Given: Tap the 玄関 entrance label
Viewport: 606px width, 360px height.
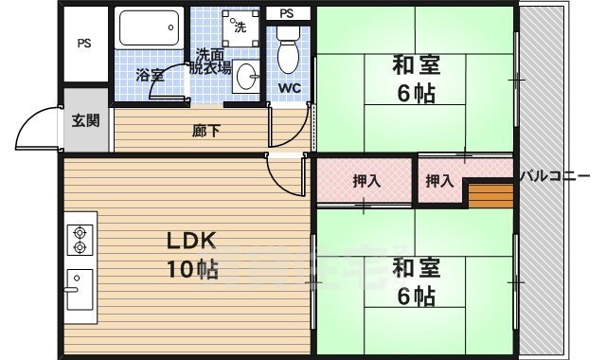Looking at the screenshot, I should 84,120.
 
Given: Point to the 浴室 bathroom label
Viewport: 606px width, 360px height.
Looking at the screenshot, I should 150,75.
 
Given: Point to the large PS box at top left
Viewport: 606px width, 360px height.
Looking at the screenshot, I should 85,44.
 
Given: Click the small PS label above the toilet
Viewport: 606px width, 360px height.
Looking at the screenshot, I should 287,13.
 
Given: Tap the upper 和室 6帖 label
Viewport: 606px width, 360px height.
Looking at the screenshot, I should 414,81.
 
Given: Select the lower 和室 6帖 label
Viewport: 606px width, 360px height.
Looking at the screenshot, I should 414,281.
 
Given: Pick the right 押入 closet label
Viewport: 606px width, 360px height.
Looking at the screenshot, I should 439,180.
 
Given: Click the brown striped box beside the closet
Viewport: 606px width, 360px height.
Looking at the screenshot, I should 490,195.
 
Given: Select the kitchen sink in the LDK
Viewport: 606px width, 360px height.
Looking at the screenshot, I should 80,291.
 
